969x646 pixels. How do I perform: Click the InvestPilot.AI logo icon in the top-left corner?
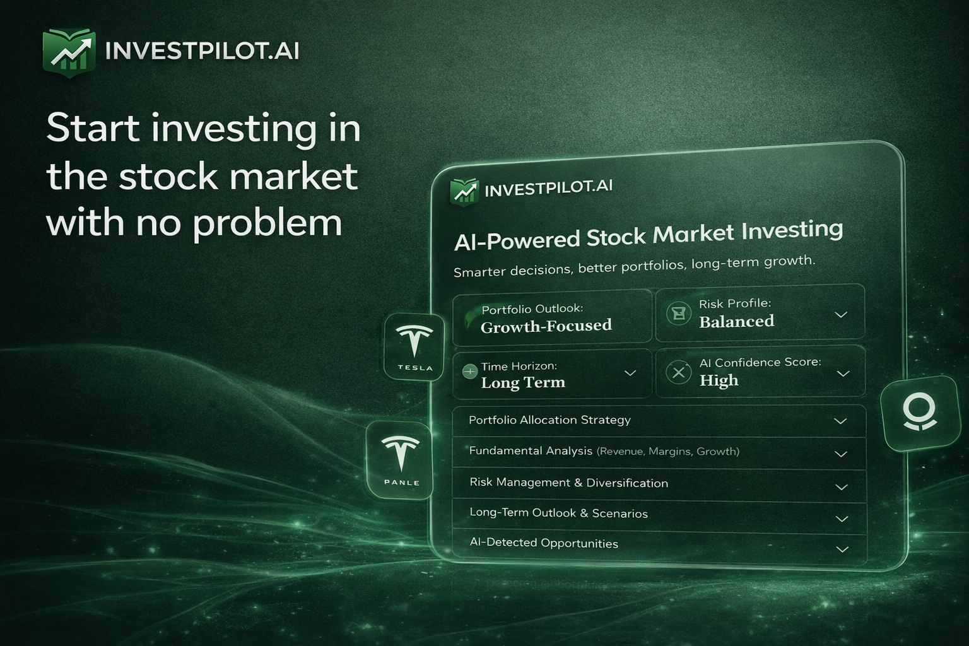(x=69, y=52)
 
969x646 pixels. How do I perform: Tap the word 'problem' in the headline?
(x=267, y=223)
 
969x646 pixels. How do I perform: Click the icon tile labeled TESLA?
(x=414, y=346)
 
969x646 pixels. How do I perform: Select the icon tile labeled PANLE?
(x=400, y=461)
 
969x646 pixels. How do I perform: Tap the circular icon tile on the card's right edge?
(x=919, y=413)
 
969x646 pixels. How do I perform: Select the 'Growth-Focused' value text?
(x=546, y=326)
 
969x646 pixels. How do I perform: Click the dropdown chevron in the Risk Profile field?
(x=840, y=315)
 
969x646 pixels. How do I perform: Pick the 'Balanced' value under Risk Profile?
(x=736, y=322)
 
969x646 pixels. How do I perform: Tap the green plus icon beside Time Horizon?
(x=469, y=372)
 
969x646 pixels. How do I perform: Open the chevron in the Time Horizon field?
(x=630, y=373)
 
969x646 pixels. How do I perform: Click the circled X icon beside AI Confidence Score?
(x=678, y=373)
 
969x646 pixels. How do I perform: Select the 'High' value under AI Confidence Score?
(x=719, y=380)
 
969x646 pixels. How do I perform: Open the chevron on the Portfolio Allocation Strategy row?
(x=840, y=421)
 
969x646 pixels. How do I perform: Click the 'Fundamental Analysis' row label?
(x=531, y=451)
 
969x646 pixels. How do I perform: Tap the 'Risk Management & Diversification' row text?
(x=568, y=483)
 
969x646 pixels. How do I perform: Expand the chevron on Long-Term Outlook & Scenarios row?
(x=841, y=519)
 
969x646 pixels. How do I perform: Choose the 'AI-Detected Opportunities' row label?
(x=544, y=543)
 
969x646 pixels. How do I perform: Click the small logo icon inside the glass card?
(x=465, y=192)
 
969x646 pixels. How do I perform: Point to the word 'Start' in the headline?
(x=93, y=129)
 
